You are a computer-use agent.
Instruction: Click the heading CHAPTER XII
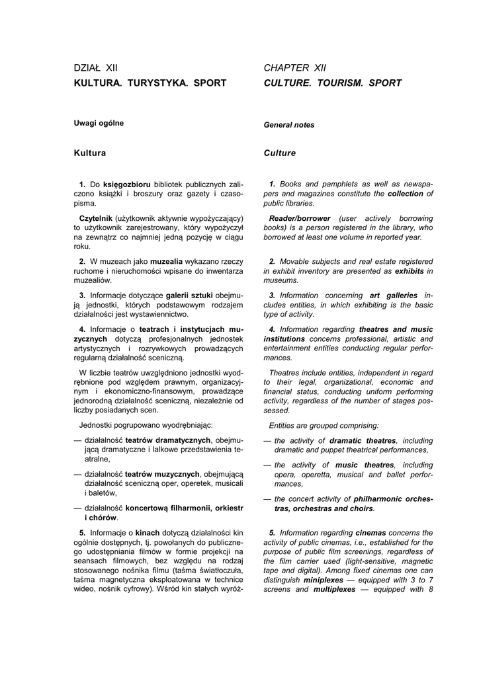point(295,67)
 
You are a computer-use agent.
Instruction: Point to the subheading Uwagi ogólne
point(99,122)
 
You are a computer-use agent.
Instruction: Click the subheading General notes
point(289,124)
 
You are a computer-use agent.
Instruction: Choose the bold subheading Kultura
point(90,153)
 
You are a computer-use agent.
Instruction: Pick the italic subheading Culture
point(280,153)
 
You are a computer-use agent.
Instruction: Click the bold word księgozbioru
point(127,183)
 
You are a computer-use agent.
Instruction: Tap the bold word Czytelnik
point(95,218)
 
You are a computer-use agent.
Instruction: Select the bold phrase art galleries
point(394,295)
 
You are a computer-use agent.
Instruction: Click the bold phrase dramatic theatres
point(363,440)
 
